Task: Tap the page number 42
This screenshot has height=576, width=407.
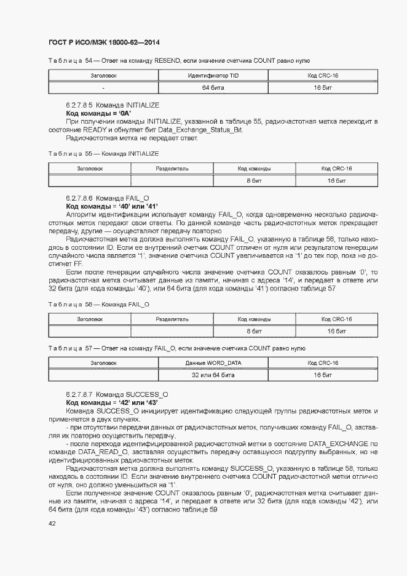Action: tap(52, 523)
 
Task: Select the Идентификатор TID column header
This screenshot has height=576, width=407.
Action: tap(213, 76)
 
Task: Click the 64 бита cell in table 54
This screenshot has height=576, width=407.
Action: tap(213, 88)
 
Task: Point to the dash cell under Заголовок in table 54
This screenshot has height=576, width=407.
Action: tap(103, 88)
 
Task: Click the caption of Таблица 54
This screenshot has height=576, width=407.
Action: tap(178, 61)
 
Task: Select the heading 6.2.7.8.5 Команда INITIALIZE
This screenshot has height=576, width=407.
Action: tap(113, 106)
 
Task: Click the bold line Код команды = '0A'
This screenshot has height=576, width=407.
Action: tap(98, 114)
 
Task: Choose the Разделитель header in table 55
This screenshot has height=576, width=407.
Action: tap(172, 168)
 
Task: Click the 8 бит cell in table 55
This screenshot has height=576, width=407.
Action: tap(255, 180)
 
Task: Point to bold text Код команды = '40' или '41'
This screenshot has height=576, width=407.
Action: tap(112, 206)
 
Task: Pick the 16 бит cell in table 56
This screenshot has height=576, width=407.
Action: tap(337, 331)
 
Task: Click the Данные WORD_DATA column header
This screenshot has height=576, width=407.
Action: tap(213, 362)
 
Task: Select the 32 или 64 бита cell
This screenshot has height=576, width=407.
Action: tap(213, 375)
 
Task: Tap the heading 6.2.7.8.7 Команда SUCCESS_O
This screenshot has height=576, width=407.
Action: tap(117, 393)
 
